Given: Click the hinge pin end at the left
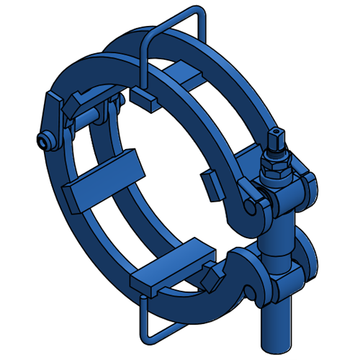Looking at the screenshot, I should (45, 141).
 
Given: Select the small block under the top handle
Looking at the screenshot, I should (145, 99).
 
